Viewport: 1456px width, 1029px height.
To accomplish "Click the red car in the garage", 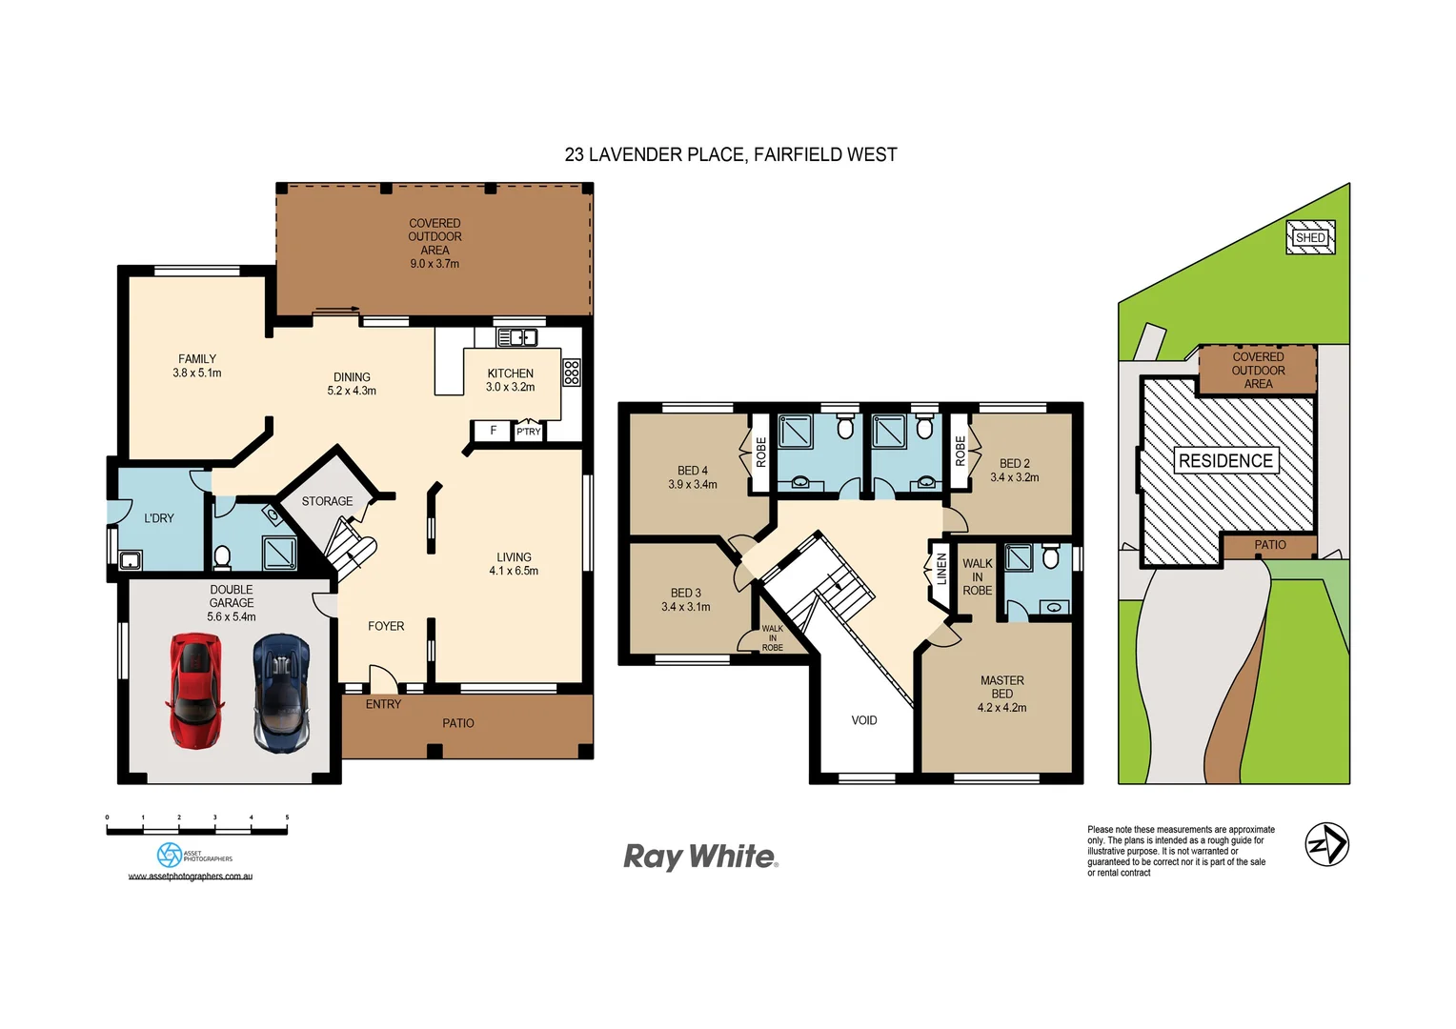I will pos(195,691).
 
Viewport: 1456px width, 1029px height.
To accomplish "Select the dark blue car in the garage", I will pos(281,694).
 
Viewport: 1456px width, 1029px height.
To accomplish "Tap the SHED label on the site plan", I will pos(1310,237).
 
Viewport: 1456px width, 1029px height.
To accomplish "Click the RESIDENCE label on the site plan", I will pos(1225,461).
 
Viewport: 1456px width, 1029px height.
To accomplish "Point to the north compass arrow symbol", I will pos(1326,844).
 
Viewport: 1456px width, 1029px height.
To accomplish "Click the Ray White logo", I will pos(700,857).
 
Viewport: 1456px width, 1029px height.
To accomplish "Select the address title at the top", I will pos(731,154).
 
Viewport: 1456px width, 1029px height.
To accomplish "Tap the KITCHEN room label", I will pos(511,373).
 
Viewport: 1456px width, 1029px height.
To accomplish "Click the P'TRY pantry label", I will pos(529,432).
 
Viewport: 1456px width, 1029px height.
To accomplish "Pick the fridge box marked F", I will pos(493,431).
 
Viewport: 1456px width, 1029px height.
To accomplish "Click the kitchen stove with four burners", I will pos(571,372).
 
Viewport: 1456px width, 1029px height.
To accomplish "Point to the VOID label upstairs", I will pos(864,720).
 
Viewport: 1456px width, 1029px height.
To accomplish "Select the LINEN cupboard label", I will pos(941,569).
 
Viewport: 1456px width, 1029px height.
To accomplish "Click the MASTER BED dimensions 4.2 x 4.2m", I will pos(1001,708).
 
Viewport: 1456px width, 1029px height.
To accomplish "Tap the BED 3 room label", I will pos(685,593).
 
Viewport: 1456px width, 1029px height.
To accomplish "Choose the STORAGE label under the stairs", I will pos(327,501).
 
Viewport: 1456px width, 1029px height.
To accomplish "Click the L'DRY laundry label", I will pos(159,518).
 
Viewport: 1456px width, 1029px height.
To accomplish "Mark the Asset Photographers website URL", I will pos(191,877).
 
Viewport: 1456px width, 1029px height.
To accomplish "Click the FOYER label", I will pos(386,626).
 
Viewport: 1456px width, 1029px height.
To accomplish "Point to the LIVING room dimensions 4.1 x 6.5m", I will pos(514,571).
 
